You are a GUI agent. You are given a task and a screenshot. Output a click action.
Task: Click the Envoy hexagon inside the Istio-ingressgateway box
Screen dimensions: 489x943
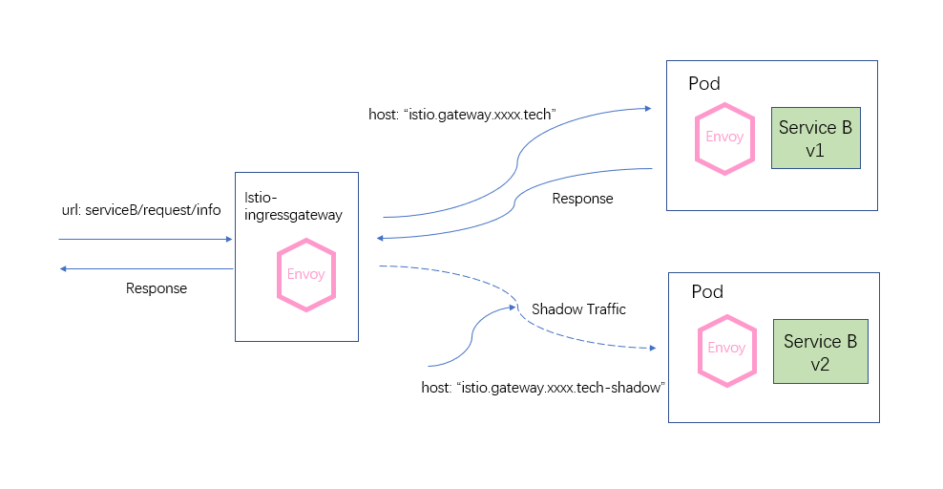305,275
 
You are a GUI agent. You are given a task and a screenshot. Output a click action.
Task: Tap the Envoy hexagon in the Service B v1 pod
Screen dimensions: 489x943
724,138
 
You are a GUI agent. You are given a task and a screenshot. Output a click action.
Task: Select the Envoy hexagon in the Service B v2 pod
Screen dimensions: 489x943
726,349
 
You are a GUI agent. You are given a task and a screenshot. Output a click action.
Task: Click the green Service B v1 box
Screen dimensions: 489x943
815,138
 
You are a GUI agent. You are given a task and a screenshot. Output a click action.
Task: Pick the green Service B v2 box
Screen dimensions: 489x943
820,351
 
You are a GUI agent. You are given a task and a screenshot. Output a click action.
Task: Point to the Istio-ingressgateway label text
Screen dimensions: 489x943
293,206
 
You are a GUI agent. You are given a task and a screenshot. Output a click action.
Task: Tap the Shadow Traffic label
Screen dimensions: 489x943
578,309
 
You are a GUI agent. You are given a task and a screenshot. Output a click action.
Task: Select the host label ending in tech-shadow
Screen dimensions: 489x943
543,388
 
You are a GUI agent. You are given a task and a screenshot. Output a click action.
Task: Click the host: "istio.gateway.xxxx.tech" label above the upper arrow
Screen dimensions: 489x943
461,115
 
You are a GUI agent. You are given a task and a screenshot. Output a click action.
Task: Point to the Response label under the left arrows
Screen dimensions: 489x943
157,288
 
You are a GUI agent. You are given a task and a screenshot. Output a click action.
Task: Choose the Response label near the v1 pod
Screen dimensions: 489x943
582,199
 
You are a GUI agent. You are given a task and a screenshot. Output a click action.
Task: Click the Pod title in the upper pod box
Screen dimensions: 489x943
704,84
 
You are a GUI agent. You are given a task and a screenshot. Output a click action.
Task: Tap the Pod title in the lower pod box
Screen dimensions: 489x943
707,291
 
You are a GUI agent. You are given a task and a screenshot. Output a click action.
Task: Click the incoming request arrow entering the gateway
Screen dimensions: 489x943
143,240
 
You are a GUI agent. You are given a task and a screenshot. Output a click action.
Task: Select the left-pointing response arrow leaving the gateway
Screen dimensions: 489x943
143,269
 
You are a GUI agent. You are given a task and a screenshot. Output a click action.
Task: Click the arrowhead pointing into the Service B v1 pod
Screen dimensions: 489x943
649,108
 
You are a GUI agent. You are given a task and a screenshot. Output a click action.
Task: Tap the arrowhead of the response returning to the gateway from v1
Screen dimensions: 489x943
381,237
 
